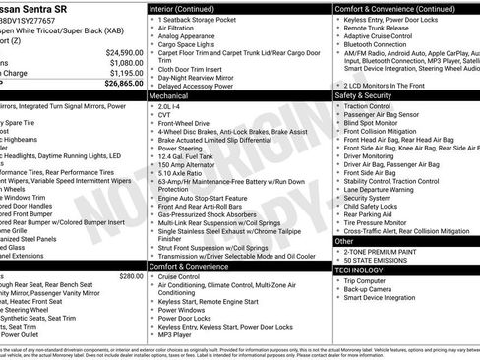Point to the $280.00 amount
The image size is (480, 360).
pyautogui.click(x=131, y=249)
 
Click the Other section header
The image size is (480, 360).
pyautogui.click(x=344, y=240)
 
